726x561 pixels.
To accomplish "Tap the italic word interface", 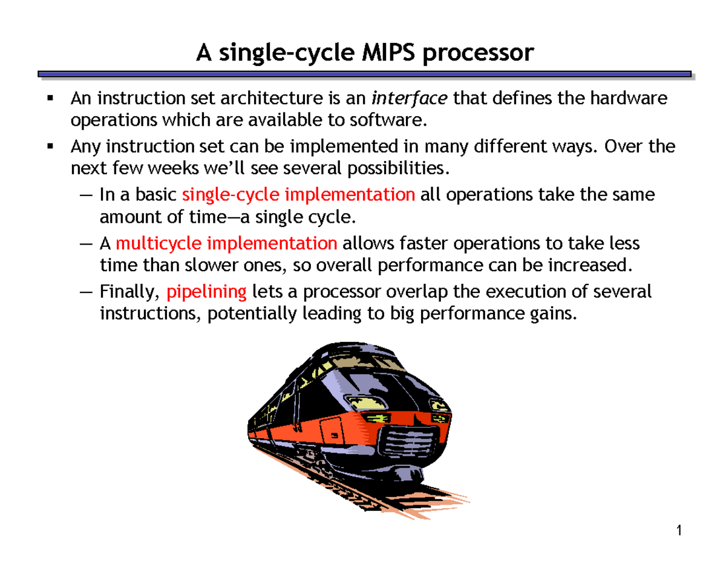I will tap(409, 98).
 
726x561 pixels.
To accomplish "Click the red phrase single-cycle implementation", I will tap(298, 195).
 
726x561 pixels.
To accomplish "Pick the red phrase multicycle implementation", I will tap(226, 244).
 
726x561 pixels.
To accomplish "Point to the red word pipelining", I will tap(206, 292).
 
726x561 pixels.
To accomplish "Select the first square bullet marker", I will tap(50, 98).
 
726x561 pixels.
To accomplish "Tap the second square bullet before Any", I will tap(50, 146).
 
